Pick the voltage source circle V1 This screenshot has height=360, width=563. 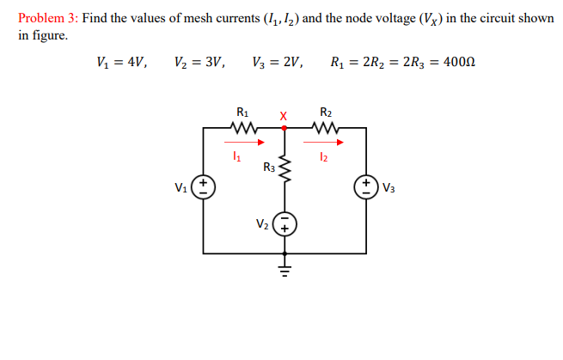click(x=203, y=187)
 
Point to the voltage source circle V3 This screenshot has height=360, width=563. click(x=366, y=187)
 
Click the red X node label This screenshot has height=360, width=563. click(x=284, y=114)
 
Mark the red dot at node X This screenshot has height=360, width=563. click(x=285, y=127)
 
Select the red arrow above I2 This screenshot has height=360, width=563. click(x=327, y=143)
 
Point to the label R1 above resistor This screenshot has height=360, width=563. click(x=243, y=112)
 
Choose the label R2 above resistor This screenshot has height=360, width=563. click(x=326, y=112)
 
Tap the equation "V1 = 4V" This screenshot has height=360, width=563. click(x=123, y=62)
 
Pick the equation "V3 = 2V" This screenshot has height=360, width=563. click(x=277, y=62)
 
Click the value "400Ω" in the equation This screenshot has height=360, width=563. click(x=459, y=62)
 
